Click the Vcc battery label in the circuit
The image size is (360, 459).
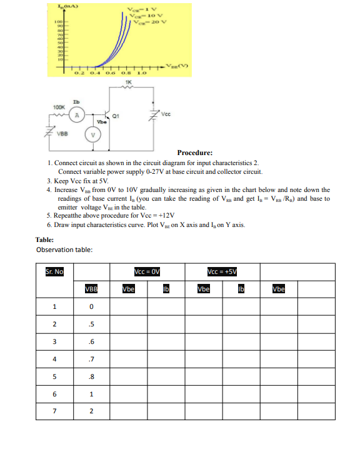(165, 114)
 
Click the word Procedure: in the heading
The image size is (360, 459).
(194, 153)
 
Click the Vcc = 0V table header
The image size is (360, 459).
(147, 272)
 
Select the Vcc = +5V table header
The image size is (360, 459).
(221, 272)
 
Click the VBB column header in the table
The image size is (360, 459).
(91, 290)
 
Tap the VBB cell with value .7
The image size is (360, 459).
(91, 359)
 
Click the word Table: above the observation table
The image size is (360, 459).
(44, 240)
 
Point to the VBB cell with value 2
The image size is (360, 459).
(91, 411)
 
